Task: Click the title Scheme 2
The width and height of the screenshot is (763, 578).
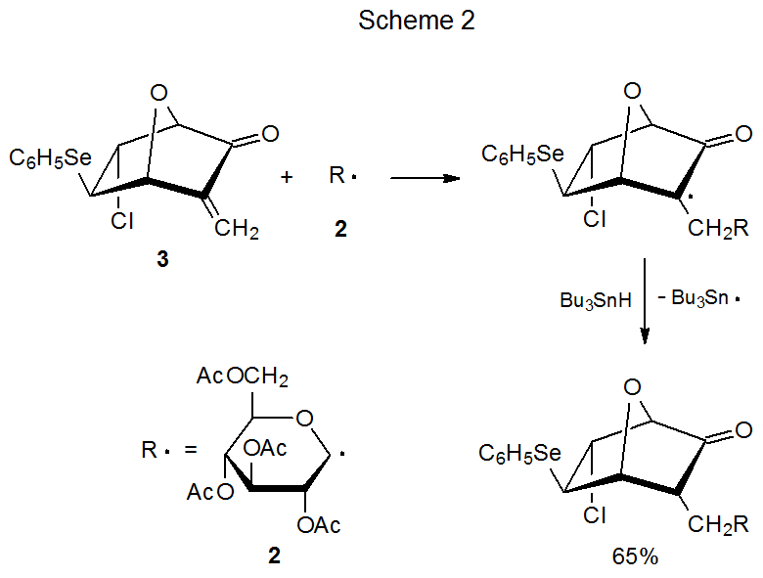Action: point(417,22)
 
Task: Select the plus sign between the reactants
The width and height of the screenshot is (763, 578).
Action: point(287,177)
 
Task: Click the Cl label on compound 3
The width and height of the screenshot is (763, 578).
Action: point(122,222)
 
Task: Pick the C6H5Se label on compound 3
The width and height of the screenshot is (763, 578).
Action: point(49,157)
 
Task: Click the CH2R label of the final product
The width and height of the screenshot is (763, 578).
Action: point(719,524)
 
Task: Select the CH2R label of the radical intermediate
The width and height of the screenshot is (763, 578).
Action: point(719,230)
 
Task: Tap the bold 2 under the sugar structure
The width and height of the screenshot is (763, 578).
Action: point(274,556)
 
